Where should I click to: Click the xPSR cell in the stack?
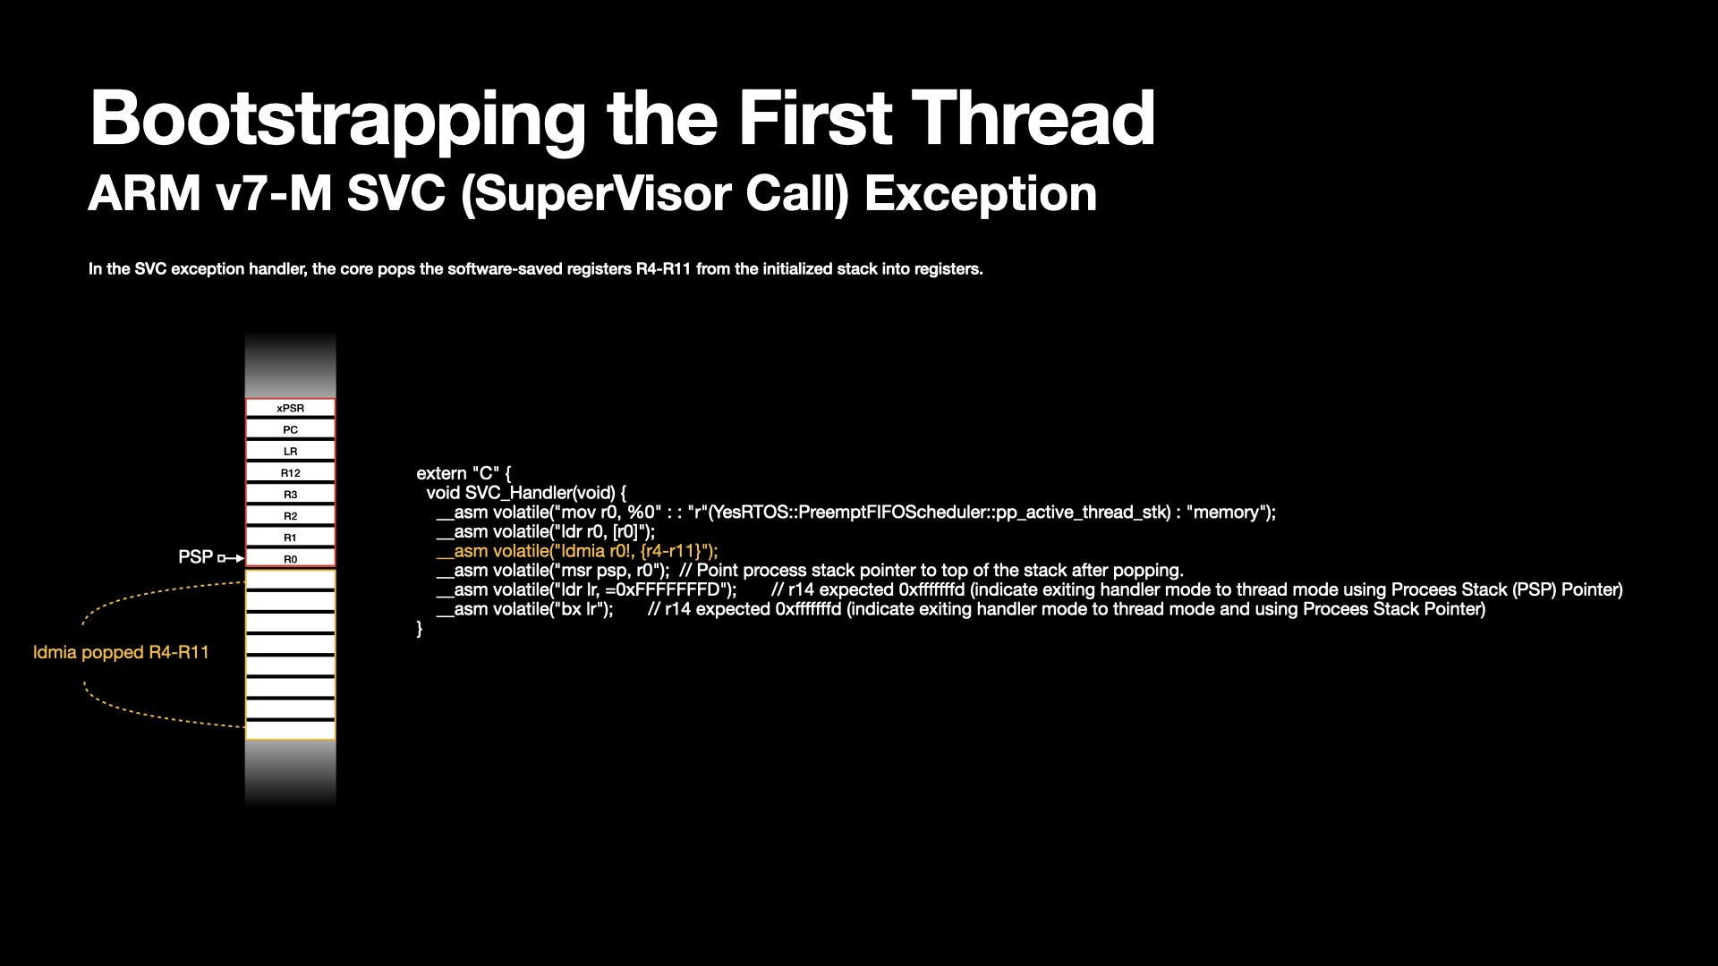point(291,408)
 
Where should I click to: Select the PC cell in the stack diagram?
point(291,429)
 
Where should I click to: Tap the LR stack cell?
point(291,451)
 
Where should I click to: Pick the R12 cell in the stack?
point(291,472)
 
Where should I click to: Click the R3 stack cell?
point(291,494)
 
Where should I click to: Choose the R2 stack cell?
point(291,515)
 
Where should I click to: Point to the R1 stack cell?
point(291,537)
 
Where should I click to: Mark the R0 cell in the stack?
point(291,558)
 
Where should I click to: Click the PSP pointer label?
point(195,557)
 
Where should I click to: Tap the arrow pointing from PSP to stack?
point(231,558)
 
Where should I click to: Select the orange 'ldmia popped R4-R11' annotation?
point(121,652)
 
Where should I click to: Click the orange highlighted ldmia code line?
point(577,551)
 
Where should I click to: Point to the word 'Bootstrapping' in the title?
point(338,120)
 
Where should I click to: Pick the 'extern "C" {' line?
point(464,473)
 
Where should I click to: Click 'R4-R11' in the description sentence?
point(664,269)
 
